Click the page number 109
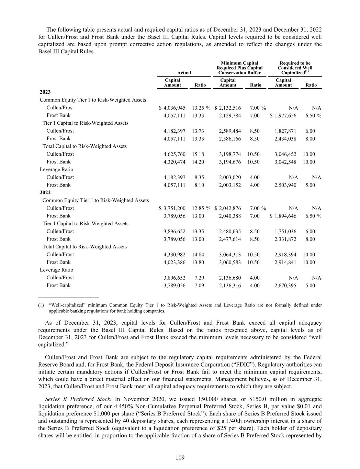click(180, 457)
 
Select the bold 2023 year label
click(45, 92)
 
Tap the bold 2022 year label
click(45, 192)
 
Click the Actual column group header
click(184, 73)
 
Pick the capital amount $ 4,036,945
click(172, 108)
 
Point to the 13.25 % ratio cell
click(201, 108)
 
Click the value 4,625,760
click(175, 154)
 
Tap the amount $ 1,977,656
click(283, 116)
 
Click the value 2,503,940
click(285, 185)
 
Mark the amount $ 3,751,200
click(172, 208)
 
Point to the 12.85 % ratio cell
click(201, 208)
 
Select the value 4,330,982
click(175, 255)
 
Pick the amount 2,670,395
click(285, 286)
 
